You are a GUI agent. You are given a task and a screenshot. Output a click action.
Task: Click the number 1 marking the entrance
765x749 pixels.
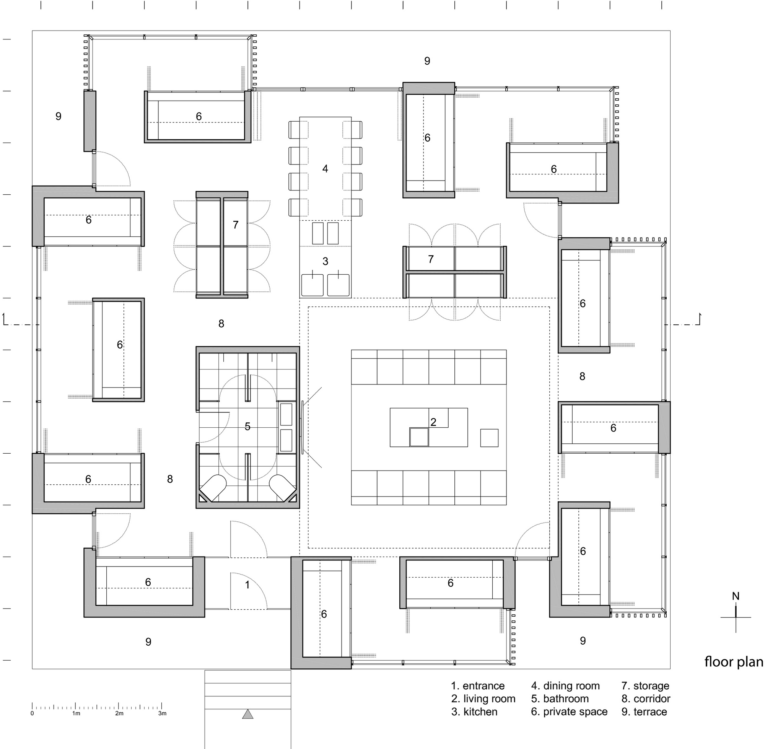point(247,585)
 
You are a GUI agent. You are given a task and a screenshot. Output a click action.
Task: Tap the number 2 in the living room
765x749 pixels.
point(433,422)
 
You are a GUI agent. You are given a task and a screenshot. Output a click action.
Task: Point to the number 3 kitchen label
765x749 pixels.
point(325,261)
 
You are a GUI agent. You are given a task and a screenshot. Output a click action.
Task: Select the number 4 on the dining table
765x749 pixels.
point(325,169)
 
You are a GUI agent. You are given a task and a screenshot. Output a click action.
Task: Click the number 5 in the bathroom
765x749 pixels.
point(247,427)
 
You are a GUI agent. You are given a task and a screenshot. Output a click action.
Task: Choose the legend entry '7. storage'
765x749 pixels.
point(645,685)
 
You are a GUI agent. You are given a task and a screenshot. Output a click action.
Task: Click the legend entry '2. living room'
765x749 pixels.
point(483,699)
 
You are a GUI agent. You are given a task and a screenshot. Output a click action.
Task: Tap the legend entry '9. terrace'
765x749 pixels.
point(644,712)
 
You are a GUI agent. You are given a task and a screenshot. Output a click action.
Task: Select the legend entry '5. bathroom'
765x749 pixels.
point(560,699)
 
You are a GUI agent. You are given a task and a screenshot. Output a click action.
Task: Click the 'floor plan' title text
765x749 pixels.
point(734,662)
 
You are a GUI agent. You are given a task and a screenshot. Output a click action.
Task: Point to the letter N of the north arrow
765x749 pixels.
point(736,596)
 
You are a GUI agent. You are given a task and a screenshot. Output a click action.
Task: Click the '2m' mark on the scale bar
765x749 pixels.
point(119,713)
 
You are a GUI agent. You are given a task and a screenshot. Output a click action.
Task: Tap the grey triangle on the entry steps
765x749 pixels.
point(248,714)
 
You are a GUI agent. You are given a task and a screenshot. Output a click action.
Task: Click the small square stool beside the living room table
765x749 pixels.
point(489,438)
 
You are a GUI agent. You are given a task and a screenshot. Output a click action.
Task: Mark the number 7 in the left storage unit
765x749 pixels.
point(235,225)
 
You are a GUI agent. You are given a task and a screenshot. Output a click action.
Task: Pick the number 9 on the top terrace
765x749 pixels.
point(427,61)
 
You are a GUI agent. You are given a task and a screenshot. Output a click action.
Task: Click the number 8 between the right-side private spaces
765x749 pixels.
point(582,376)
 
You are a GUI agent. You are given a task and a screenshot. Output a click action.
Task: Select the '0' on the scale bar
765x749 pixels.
point(32,713)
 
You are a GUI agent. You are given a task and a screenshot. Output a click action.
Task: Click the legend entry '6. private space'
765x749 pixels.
point(569,712)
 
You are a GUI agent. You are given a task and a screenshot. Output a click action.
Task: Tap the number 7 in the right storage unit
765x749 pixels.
point(431,259)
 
